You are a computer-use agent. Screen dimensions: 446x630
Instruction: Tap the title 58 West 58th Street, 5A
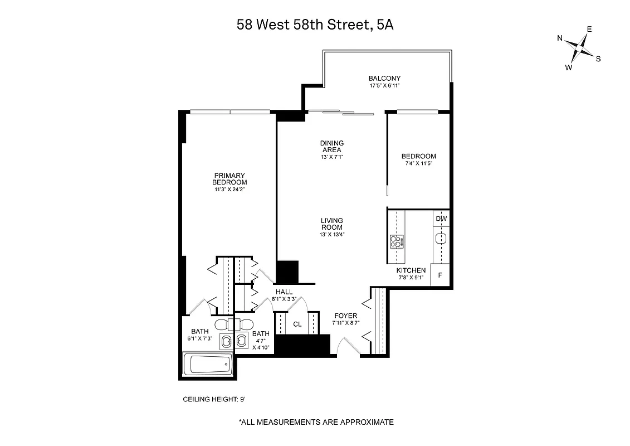(315, 25)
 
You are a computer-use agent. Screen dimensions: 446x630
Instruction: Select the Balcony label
(384, 78)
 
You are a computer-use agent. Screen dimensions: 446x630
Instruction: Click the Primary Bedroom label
(229, 178)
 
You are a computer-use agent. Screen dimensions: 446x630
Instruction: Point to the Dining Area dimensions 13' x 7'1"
(331, 157)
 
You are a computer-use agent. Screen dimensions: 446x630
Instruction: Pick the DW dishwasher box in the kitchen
(441, 219)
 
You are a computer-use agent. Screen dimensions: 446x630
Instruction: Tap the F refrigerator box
(440, 275)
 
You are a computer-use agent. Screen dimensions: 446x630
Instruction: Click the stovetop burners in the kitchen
(397, 241)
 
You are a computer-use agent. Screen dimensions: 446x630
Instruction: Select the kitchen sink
(441, 239)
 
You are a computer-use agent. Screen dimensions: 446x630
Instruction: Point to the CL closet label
(297, 324)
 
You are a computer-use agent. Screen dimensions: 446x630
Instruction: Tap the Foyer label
(345, 316)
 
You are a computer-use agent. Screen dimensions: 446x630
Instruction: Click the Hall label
(284, 292)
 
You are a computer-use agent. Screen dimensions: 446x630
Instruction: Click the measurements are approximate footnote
(316, 422)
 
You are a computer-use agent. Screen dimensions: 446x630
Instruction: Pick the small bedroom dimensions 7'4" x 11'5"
(418, 164)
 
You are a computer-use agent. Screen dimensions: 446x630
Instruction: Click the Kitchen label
(412, 270)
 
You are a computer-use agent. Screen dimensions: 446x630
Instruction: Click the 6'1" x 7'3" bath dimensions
(200, 338)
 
